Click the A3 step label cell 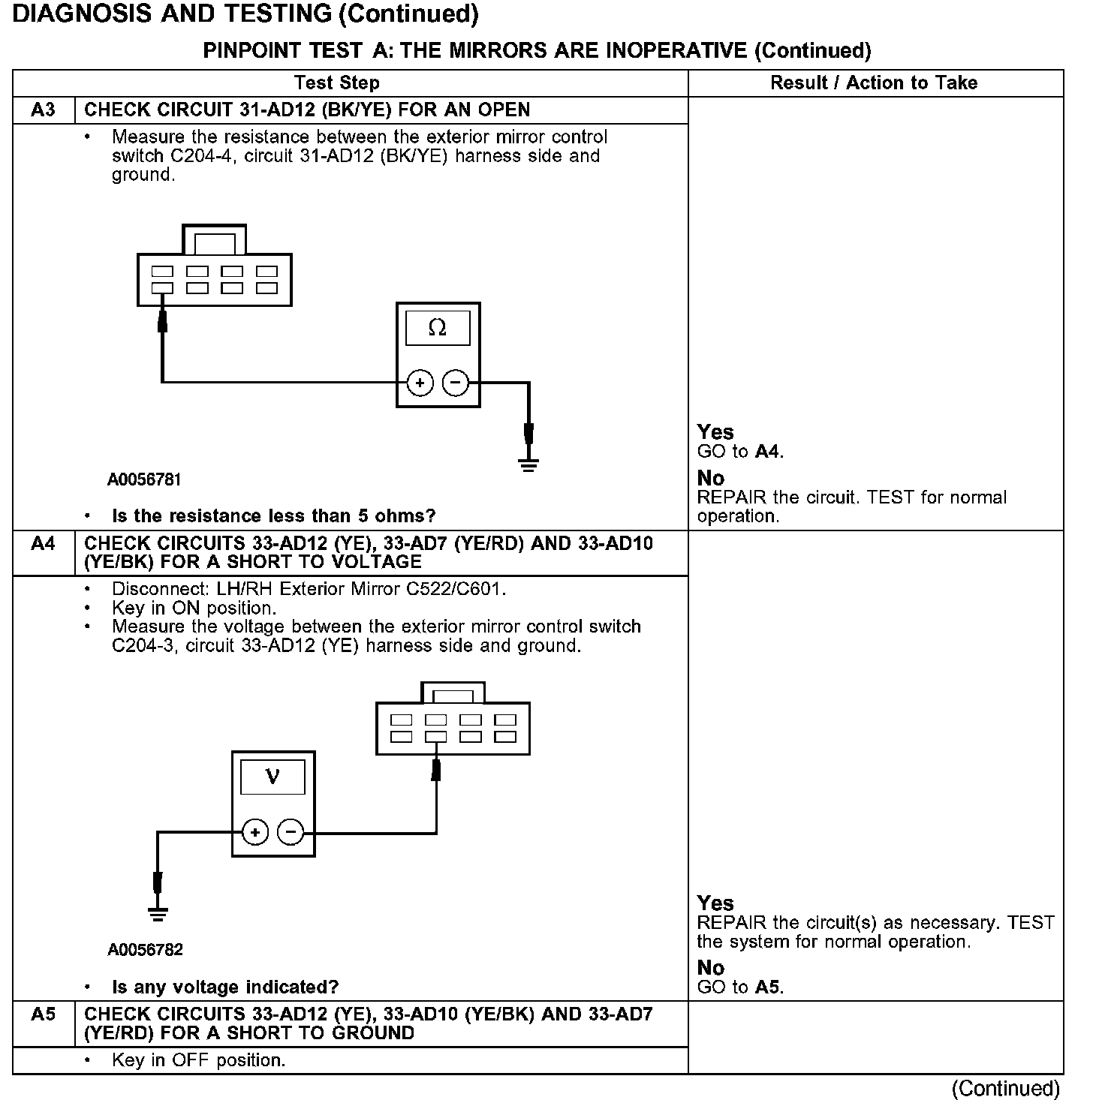tap(44, 110)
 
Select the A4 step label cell tap(44, 543)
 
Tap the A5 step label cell tap(44, 1014)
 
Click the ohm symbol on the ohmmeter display tap(437, 328)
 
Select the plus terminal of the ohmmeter tap(420, 383)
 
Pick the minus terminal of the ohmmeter tap(455, 383)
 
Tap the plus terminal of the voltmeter tap(255, 832)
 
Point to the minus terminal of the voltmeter tap(291, 832)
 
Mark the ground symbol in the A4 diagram tap(157, 914)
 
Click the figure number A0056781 tap(144, 479)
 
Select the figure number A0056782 tap(145, 950)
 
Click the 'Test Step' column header tap(336, 83)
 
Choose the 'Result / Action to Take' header tap(874, 83)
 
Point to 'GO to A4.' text tap(740, 452)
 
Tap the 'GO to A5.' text tap(740, 987)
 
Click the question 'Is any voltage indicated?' tap(225, 987)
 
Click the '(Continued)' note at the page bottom tap(1006, 1089)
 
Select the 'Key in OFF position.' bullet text tap(198, 1061)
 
